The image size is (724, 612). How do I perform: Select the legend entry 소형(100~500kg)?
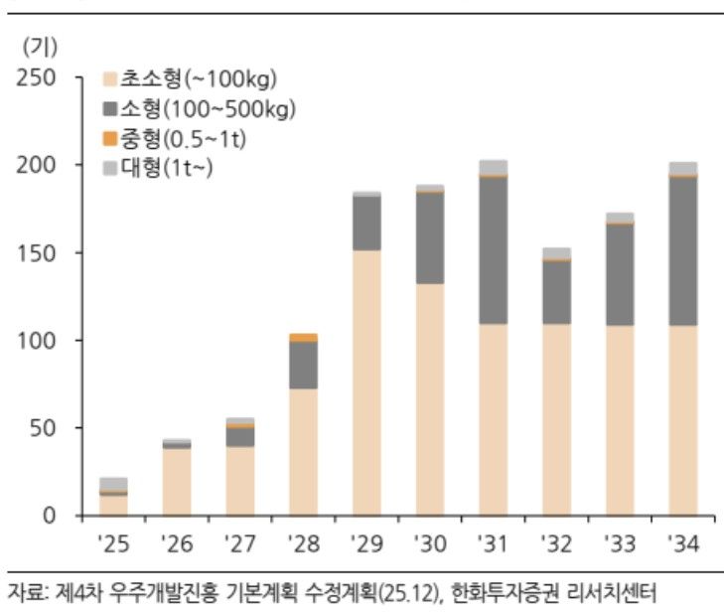point(198,107)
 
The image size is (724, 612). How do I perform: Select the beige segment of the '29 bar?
point(366,382)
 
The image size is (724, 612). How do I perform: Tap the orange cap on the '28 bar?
point(303,338)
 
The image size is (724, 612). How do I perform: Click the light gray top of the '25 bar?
point(114,484)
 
